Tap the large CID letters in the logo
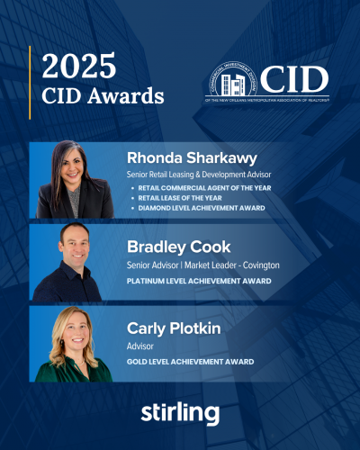point(292,80)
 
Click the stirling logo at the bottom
point(180,413)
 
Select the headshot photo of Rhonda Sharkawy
point(76,180)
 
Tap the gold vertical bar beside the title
point(31,82)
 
